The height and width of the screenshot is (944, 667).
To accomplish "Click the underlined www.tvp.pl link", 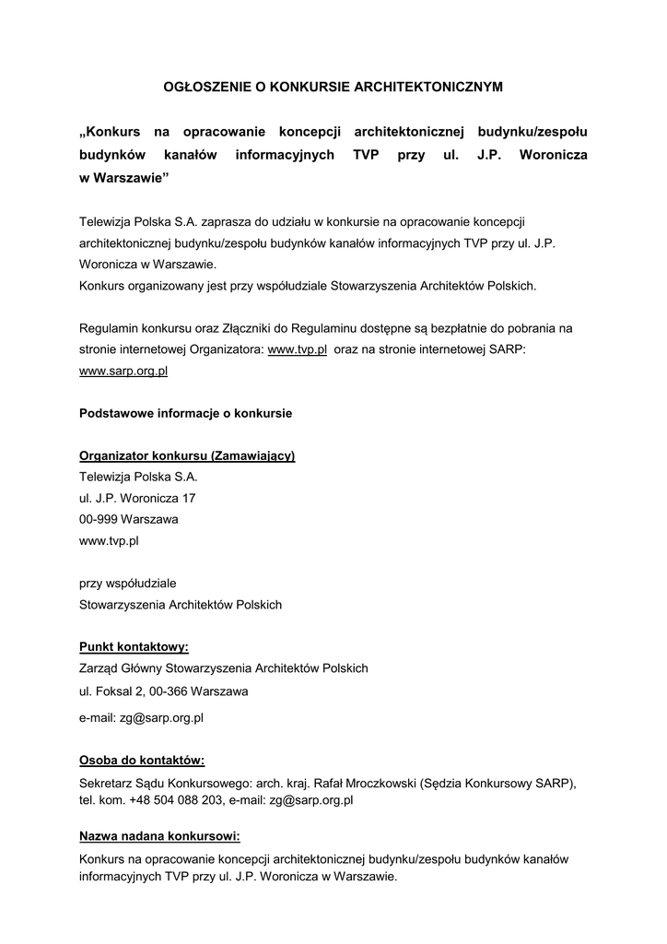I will coord(298,350).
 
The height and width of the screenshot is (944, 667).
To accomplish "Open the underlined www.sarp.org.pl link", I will coord(123,372).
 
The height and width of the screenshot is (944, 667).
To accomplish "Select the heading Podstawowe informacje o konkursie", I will coord(185,413).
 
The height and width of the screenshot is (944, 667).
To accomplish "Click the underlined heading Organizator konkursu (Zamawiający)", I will coord(187,456).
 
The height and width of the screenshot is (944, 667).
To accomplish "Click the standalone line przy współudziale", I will coord(128,584).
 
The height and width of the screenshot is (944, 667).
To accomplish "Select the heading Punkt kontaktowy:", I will coord(134,647).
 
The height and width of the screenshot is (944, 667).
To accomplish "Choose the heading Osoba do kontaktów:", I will coord(142,761).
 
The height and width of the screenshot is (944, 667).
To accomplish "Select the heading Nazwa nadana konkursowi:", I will coord(159,836).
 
